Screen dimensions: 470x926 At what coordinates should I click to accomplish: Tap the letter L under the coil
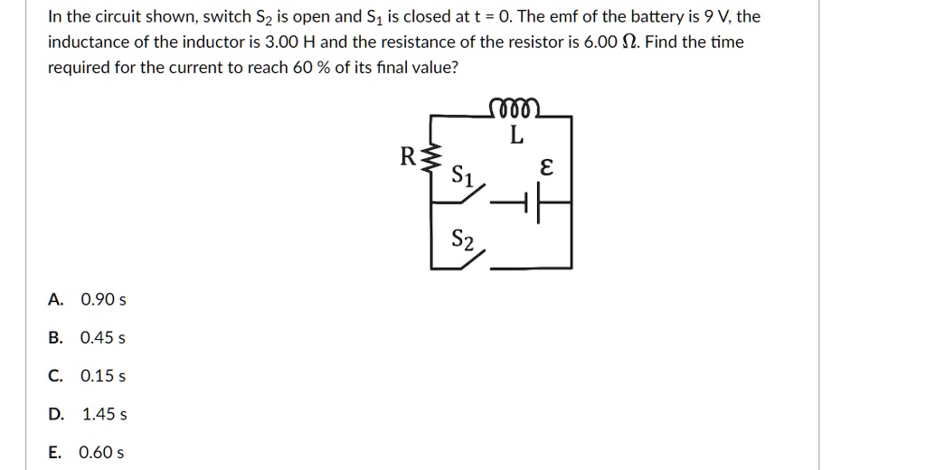point(515,136)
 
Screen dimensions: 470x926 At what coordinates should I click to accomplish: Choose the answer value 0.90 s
point(103,299)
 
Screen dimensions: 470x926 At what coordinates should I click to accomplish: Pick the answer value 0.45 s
point(103,338)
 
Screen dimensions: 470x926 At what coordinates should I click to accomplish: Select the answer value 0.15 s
point(103,376)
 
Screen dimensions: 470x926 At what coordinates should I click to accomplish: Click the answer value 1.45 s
point(104,415)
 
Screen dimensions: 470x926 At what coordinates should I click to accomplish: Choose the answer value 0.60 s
point(101,453)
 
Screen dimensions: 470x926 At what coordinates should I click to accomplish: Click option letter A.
point(56,299)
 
